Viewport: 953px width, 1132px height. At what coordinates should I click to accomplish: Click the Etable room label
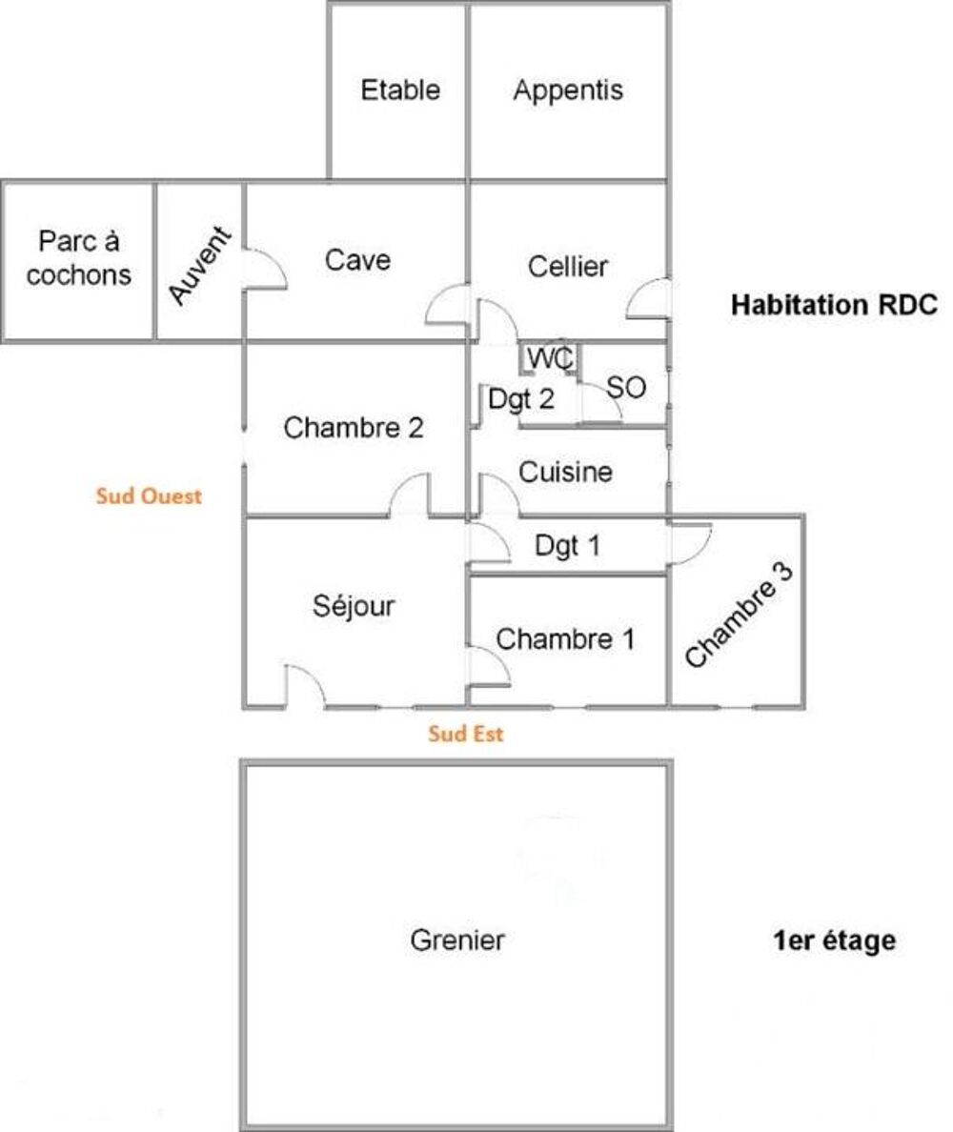400,91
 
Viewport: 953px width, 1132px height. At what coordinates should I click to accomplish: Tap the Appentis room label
568,91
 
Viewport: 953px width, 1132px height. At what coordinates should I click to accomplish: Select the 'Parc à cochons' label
79,257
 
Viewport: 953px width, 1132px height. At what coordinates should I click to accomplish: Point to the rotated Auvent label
200,265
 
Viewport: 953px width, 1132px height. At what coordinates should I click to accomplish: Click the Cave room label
357,260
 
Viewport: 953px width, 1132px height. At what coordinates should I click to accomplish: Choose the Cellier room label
567,267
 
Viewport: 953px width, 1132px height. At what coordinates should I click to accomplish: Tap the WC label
550,358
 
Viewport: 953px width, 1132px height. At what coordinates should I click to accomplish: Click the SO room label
626,388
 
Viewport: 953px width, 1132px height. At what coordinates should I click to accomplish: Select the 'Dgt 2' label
521,399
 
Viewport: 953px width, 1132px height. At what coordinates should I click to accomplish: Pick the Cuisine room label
565,473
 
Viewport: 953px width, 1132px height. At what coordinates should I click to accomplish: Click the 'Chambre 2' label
353,428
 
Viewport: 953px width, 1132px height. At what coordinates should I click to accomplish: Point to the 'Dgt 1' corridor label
567,546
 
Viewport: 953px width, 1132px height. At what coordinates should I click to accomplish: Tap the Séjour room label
354,605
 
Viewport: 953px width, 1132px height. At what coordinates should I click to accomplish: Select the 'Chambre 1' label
565,639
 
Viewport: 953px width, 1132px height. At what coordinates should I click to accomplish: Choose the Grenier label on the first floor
457,940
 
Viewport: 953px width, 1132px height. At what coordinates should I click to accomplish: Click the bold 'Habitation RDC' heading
834,305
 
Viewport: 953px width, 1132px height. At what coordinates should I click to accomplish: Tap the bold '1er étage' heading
834,940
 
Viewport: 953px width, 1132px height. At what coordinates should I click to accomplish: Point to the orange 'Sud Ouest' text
149,496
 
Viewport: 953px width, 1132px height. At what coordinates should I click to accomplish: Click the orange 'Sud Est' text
466,734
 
